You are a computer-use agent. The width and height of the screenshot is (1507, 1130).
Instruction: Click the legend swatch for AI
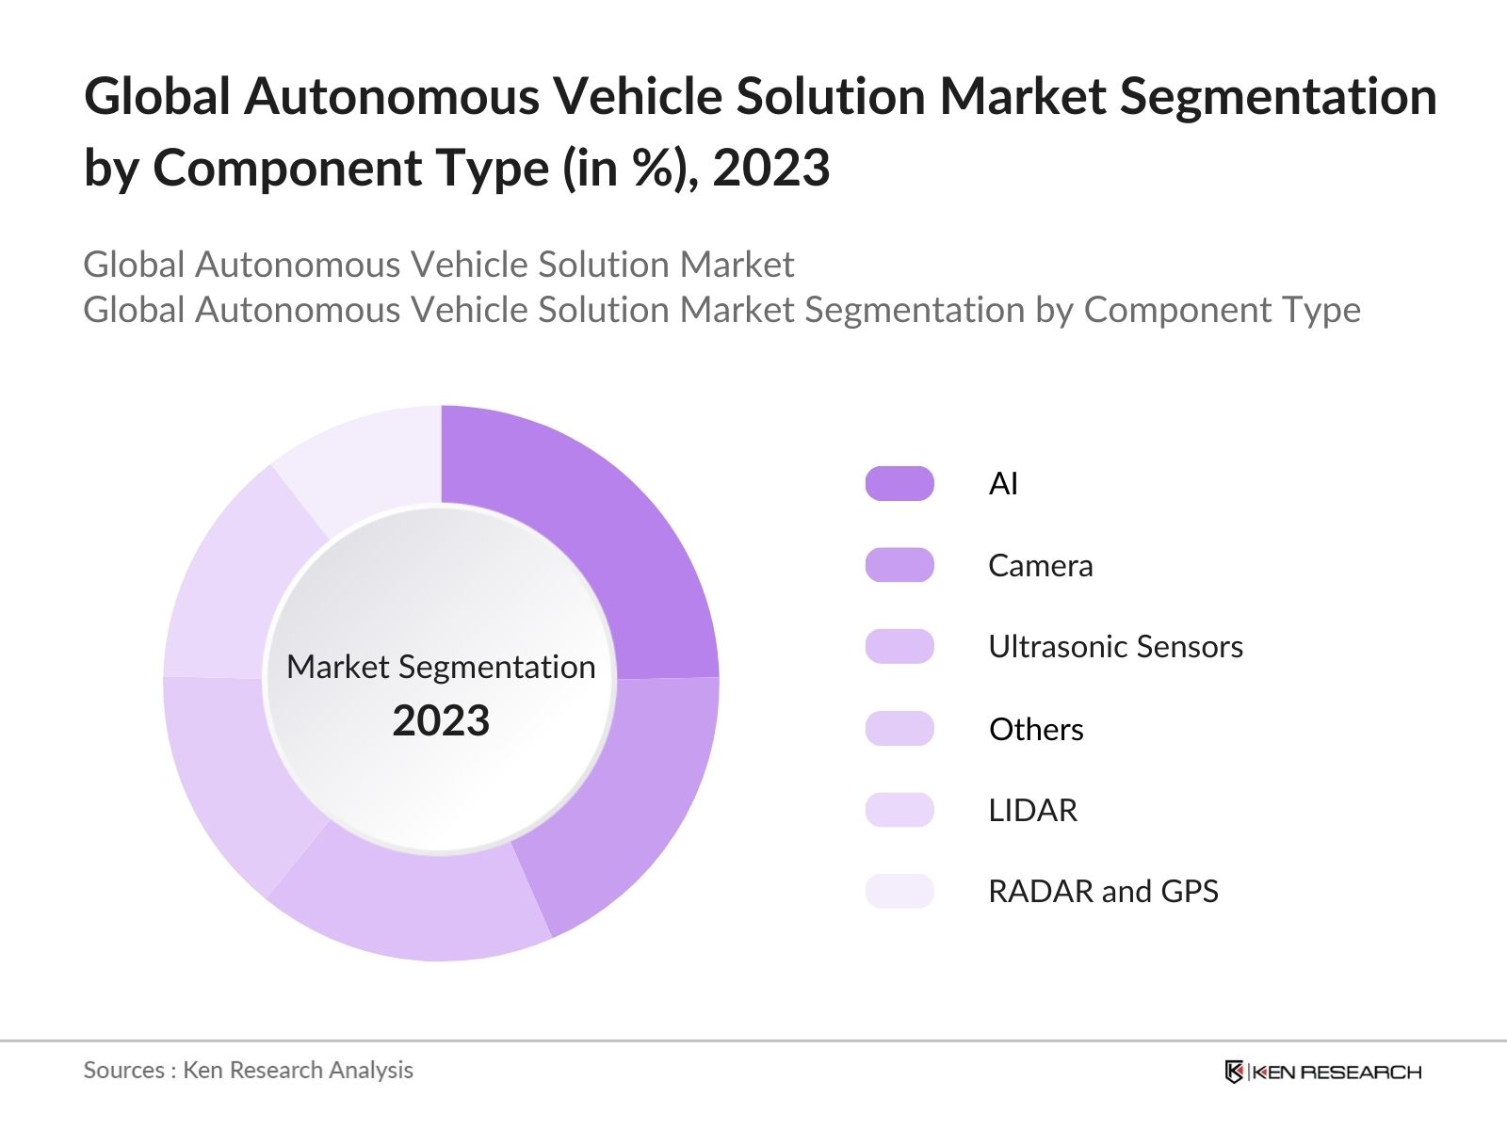point(899,483)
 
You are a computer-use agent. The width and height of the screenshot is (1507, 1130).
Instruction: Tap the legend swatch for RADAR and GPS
point(899,891)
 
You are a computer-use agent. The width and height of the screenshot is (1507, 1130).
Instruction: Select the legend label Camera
point(1041,565)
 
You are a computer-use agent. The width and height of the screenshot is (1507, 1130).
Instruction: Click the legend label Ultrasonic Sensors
point(1115,647)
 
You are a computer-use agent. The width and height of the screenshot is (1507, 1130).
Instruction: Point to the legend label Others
point(1036,729)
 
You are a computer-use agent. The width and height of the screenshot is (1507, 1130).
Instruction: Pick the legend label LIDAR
point(1032,810)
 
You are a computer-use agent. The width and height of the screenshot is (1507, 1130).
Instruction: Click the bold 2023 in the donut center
point(441,721)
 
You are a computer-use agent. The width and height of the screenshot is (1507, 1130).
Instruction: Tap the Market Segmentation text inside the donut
point(441,667)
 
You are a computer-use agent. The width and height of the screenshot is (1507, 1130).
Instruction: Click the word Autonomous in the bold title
point(390,96)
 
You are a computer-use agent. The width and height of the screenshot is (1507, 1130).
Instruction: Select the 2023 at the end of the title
point(770,169)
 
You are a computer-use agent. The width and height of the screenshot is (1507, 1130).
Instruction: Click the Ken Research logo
point(1322,1072)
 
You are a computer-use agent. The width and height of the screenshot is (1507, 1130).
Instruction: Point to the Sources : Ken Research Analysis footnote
point(248,1070)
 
